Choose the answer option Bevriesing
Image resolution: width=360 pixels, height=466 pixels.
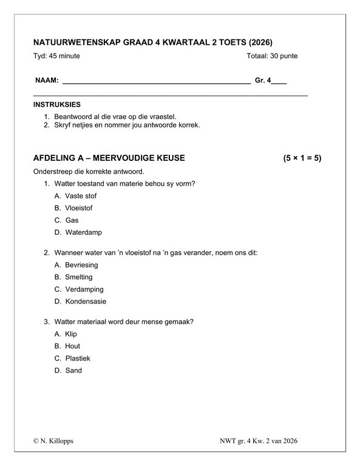point(81,265)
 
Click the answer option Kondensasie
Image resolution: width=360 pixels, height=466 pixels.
point(85,302)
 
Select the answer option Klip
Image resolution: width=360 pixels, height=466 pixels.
point(71,334)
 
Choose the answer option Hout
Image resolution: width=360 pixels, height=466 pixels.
point(72,346)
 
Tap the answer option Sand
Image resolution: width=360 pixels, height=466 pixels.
point(73,370)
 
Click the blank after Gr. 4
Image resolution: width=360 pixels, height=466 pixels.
point(279,81)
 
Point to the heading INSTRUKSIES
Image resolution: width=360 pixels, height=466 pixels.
point(57,104)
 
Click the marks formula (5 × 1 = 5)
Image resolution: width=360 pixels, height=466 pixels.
point(302,158)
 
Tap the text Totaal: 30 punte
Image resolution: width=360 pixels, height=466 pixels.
point(272,56)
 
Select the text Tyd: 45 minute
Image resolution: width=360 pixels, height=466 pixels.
point(56,56)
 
